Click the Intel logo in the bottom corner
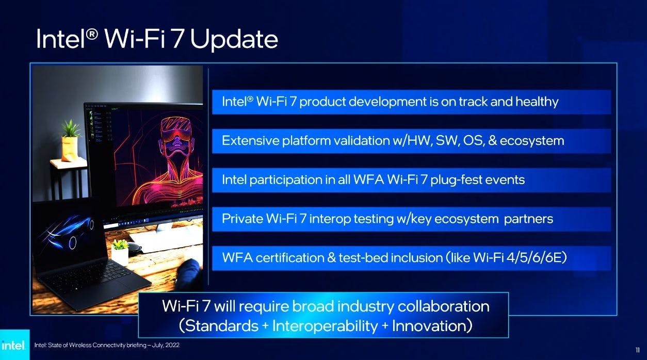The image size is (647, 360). click(x=13, y=345)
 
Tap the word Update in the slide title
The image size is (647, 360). click(x=234, y=39)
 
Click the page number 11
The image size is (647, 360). click(x=638, y=350)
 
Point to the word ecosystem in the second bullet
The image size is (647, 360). click(x=532, y=141)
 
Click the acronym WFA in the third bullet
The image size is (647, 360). click(x=368, y=179)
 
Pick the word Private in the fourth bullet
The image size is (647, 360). click(x=242, y=219)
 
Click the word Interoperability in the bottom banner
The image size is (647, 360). click(x=325, y=326)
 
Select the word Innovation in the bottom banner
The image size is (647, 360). click(x=429, y=325)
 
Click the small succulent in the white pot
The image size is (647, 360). click(x=120, y=244)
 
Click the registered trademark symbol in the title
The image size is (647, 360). click(x=92, y=35)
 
